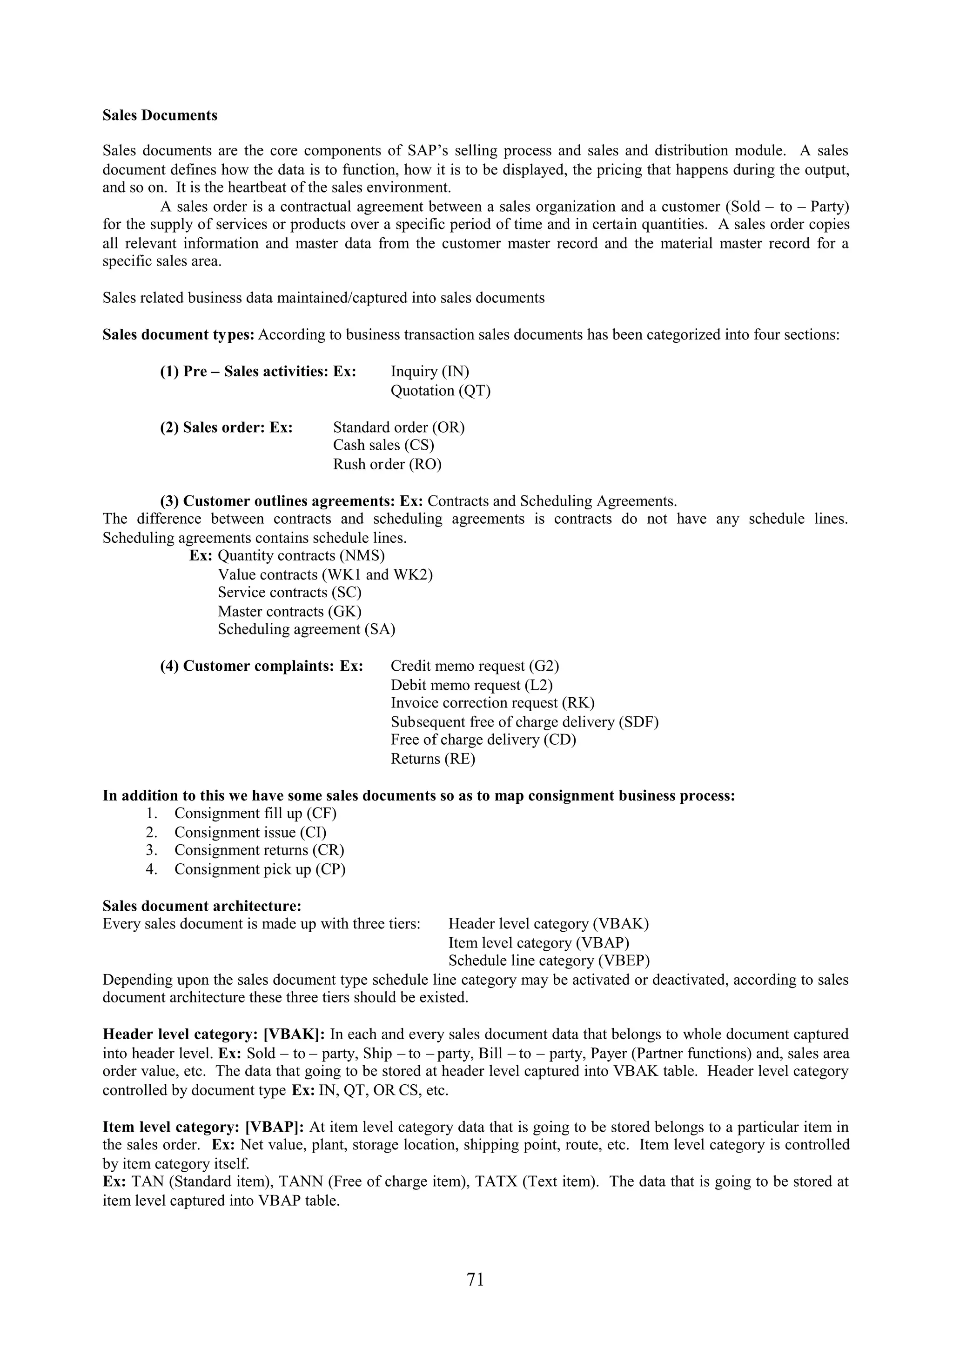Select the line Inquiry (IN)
pos(430,372)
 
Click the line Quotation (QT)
pos(440,390)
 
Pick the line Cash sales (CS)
pos(383,445)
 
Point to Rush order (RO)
pos(387,464)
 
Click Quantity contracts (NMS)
pos(301,555)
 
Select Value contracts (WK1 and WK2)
pos(325,574)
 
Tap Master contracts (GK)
pos(289,611)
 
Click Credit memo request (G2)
pos(475,667)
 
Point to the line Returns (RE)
pos(433,759)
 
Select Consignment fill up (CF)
pos(255,813)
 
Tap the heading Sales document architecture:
pos(202,906)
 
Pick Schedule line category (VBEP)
pos(549,961)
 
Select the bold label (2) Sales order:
pos(226,427)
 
